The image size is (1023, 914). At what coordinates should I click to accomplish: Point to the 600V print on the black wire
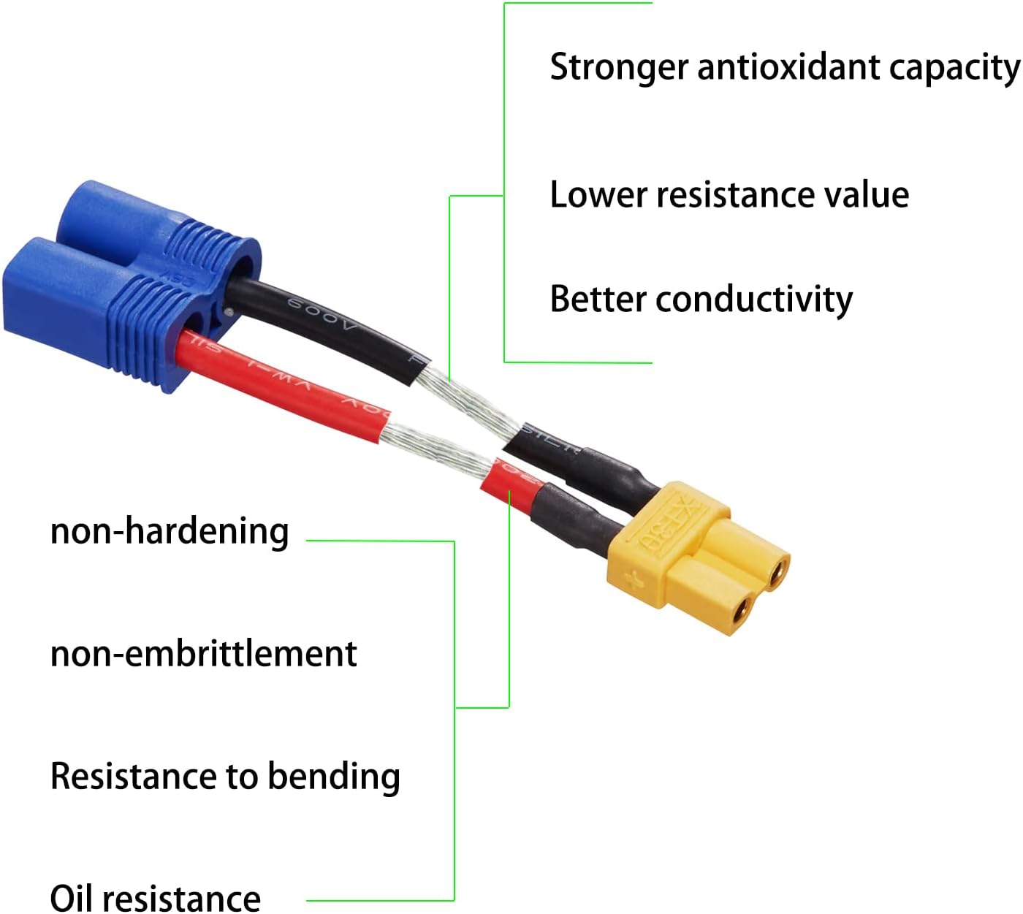click(322, 313)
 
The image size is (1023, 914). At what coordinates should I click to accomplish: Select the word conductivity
click(754, 300)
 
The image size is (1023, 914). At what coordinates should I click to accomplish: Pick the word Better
click(598, 300)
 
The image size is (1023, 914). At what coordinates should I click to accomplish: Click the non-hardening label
click(170, 531)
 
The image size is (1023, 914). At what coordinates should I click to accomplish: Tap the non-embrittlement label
click(203, 654)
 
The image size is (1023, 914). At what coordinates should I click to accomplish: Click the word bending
click(334, 777)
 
